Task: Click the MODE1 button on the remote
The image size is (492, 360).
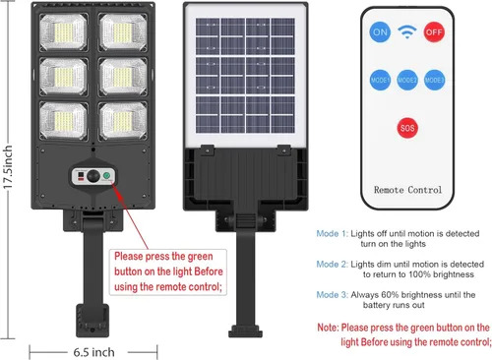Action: [379, 79]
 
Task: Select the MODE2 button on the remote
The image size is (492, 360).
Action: [407, 79]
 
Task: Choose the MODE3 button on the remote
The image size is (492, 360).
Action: [435, 79]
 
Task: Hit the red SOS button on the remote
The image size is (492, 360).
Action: [407, 128]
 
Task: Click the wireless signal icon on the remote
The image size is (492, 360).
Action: [407, 31]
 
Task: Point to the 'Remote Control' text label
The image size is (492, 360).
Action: [406, 186]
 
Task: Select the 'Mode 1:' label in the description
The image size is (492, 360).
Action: [332, 233]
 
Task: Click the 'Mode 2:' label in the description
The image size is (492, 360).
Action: [332, 265]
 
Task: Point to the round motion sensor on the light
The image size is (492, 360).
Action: [93, 178]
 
